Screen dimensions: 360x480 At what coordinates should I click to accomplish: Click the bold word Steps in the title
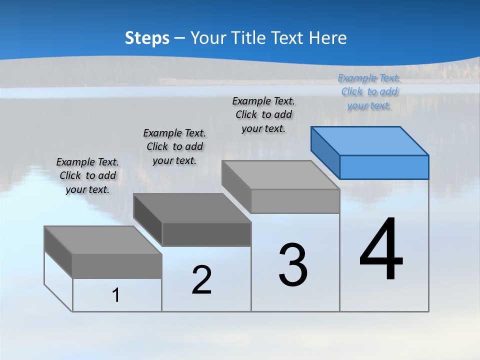click(x=147, y=38)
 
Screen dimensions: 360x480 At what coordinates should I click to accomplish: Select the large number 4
click(x=381, y=249)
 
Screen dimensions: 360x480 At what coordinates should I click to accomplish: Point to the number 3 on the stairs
click(x=293, y=265)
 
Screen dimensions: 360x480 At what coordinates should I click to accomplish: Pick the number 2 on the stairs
click(x=201, y=280)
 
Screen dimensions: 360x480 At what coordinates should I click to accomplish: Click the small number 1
click(x=116, y=295)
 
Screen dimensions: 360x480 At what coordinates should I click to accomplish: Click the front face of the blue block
click(x=384, y=167)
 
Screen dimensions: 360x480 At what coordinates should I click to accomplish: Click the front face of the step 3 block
click(x=295, y=201)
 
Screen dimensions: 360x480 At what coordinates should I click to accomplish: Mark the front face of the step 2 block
click(x=206, y=234)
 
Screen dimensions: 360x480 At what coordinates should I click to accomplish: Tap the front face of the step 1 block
click(x=117, y=266)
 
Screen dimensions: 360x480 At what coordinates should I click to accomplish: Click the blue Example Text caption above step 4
click(x=369, y=78)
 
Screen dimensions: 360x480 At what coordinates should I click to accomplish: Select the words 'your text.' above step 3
click(x=263, y=128)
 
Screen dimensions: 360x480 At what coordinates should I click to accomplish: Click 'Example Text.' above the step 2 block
click(x=174, y=133)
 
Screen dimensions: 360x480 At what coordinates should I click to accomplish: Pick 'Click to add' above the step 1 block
click(x=88, y=175)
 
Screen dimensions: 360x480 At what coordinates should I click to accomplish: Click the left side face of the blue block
click(x=325, y=152)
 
